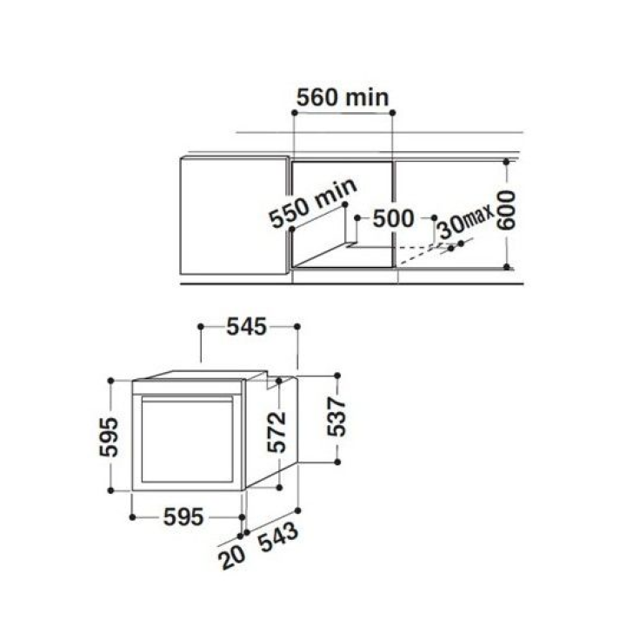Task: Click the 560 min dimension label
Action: click(343, 97)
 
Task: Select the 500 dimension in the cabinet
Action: click(393, 219)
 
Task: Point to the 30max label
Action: click(465, 223)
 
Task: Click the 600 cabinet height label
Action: click(506, 210)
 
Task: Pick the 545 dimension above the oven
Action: click(246, 327)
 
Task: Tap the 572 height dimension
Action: click(276, 432)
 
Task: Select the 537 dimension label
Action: click(336, 416)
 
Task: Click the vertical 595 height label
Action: click(109, 436)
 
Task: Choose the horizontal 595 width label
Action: click(183, 517)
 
